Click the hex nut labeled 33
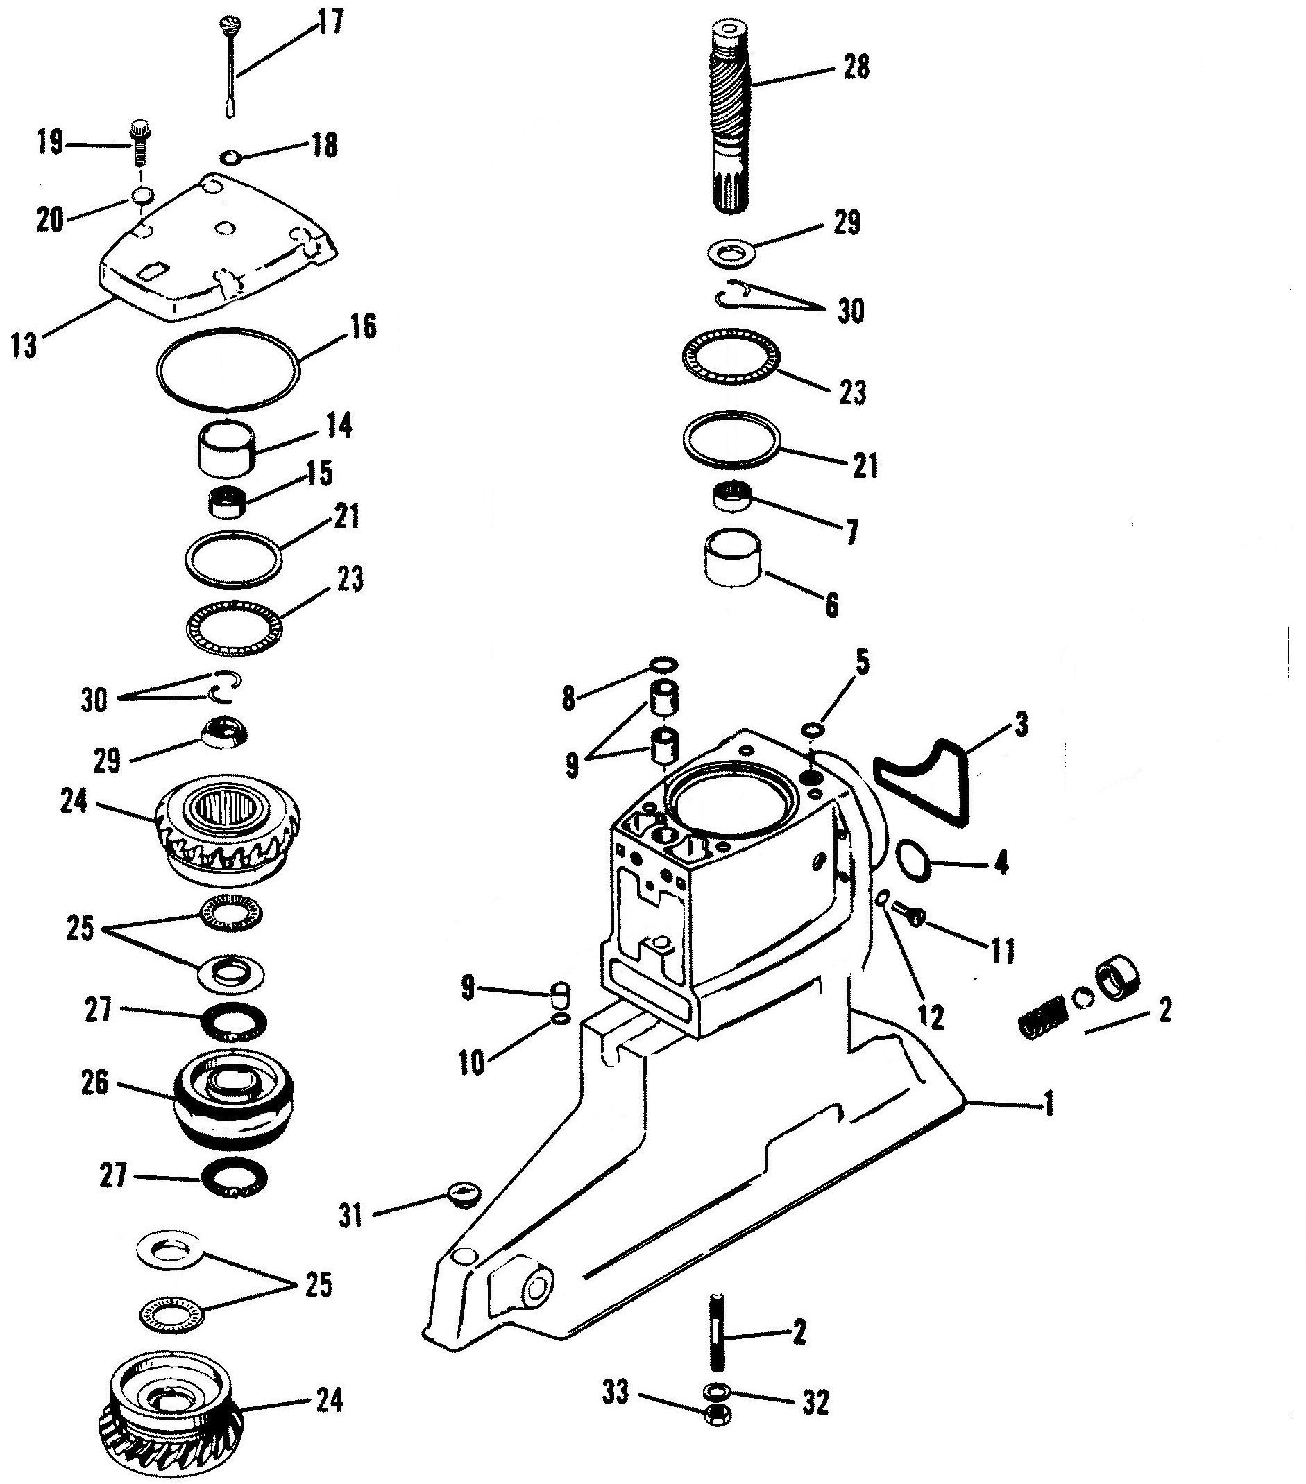tap(718, 1437)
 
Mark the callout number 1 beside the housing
tap(1047, 1107)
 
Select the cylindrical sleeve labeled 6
tap(734, 558)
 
